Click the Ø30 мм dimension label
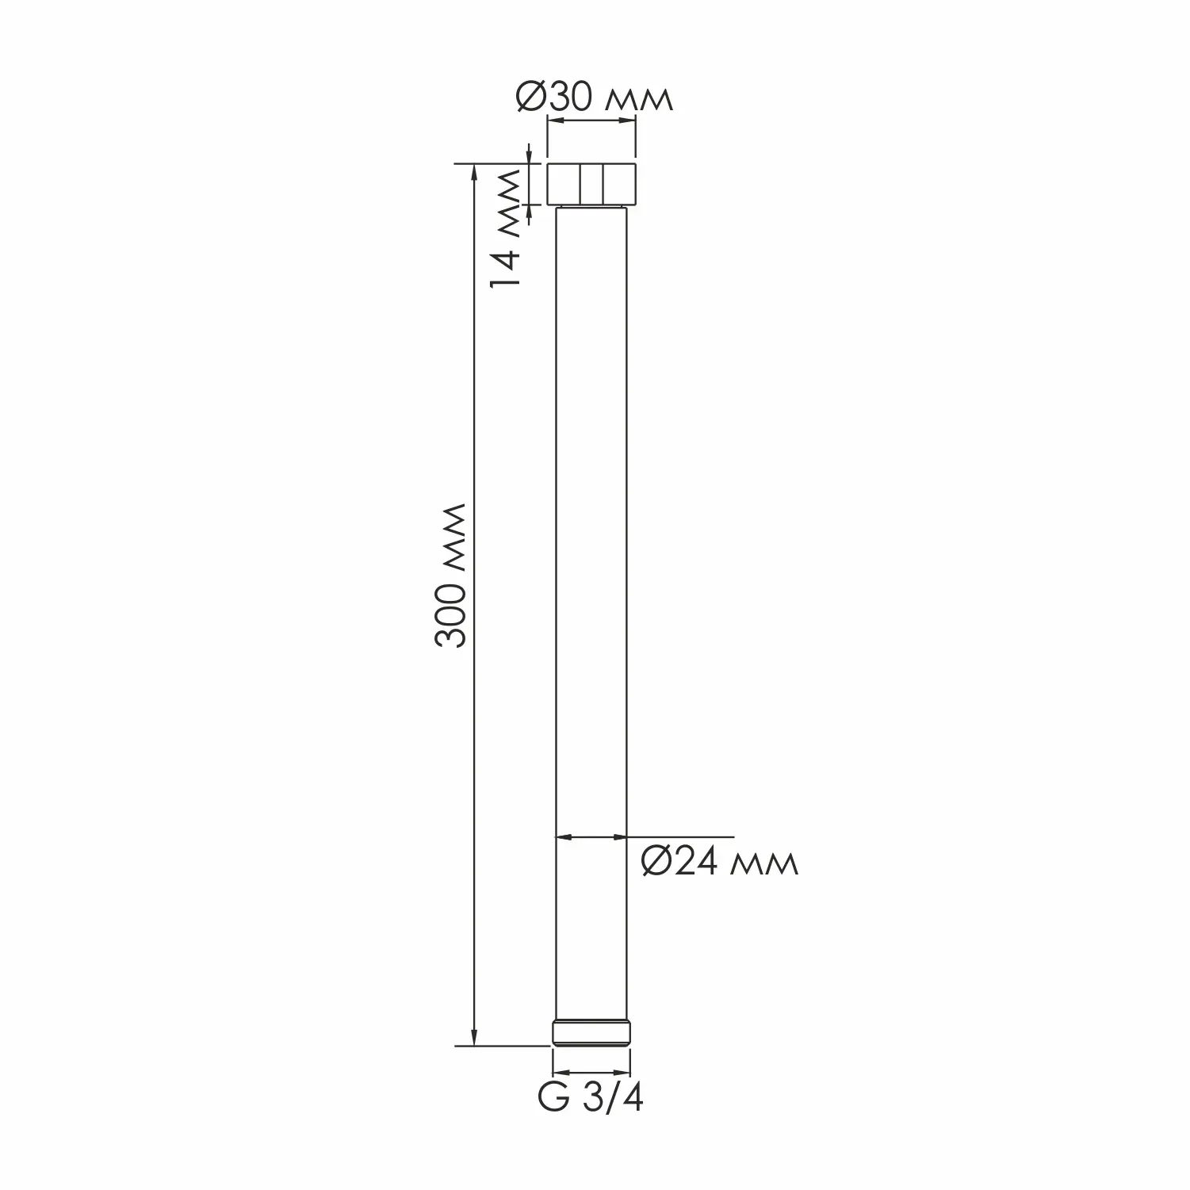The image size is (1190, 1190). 594,98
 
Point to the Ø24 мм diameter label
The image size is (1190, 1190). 719,861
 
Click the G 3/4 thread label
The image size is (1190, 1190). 591,1098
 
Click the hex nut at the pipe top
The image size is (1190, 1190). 592,184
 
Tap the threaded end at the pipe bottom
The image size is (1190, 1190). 591,1033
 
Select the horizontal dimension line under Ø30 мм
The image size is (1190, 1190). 592,121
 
